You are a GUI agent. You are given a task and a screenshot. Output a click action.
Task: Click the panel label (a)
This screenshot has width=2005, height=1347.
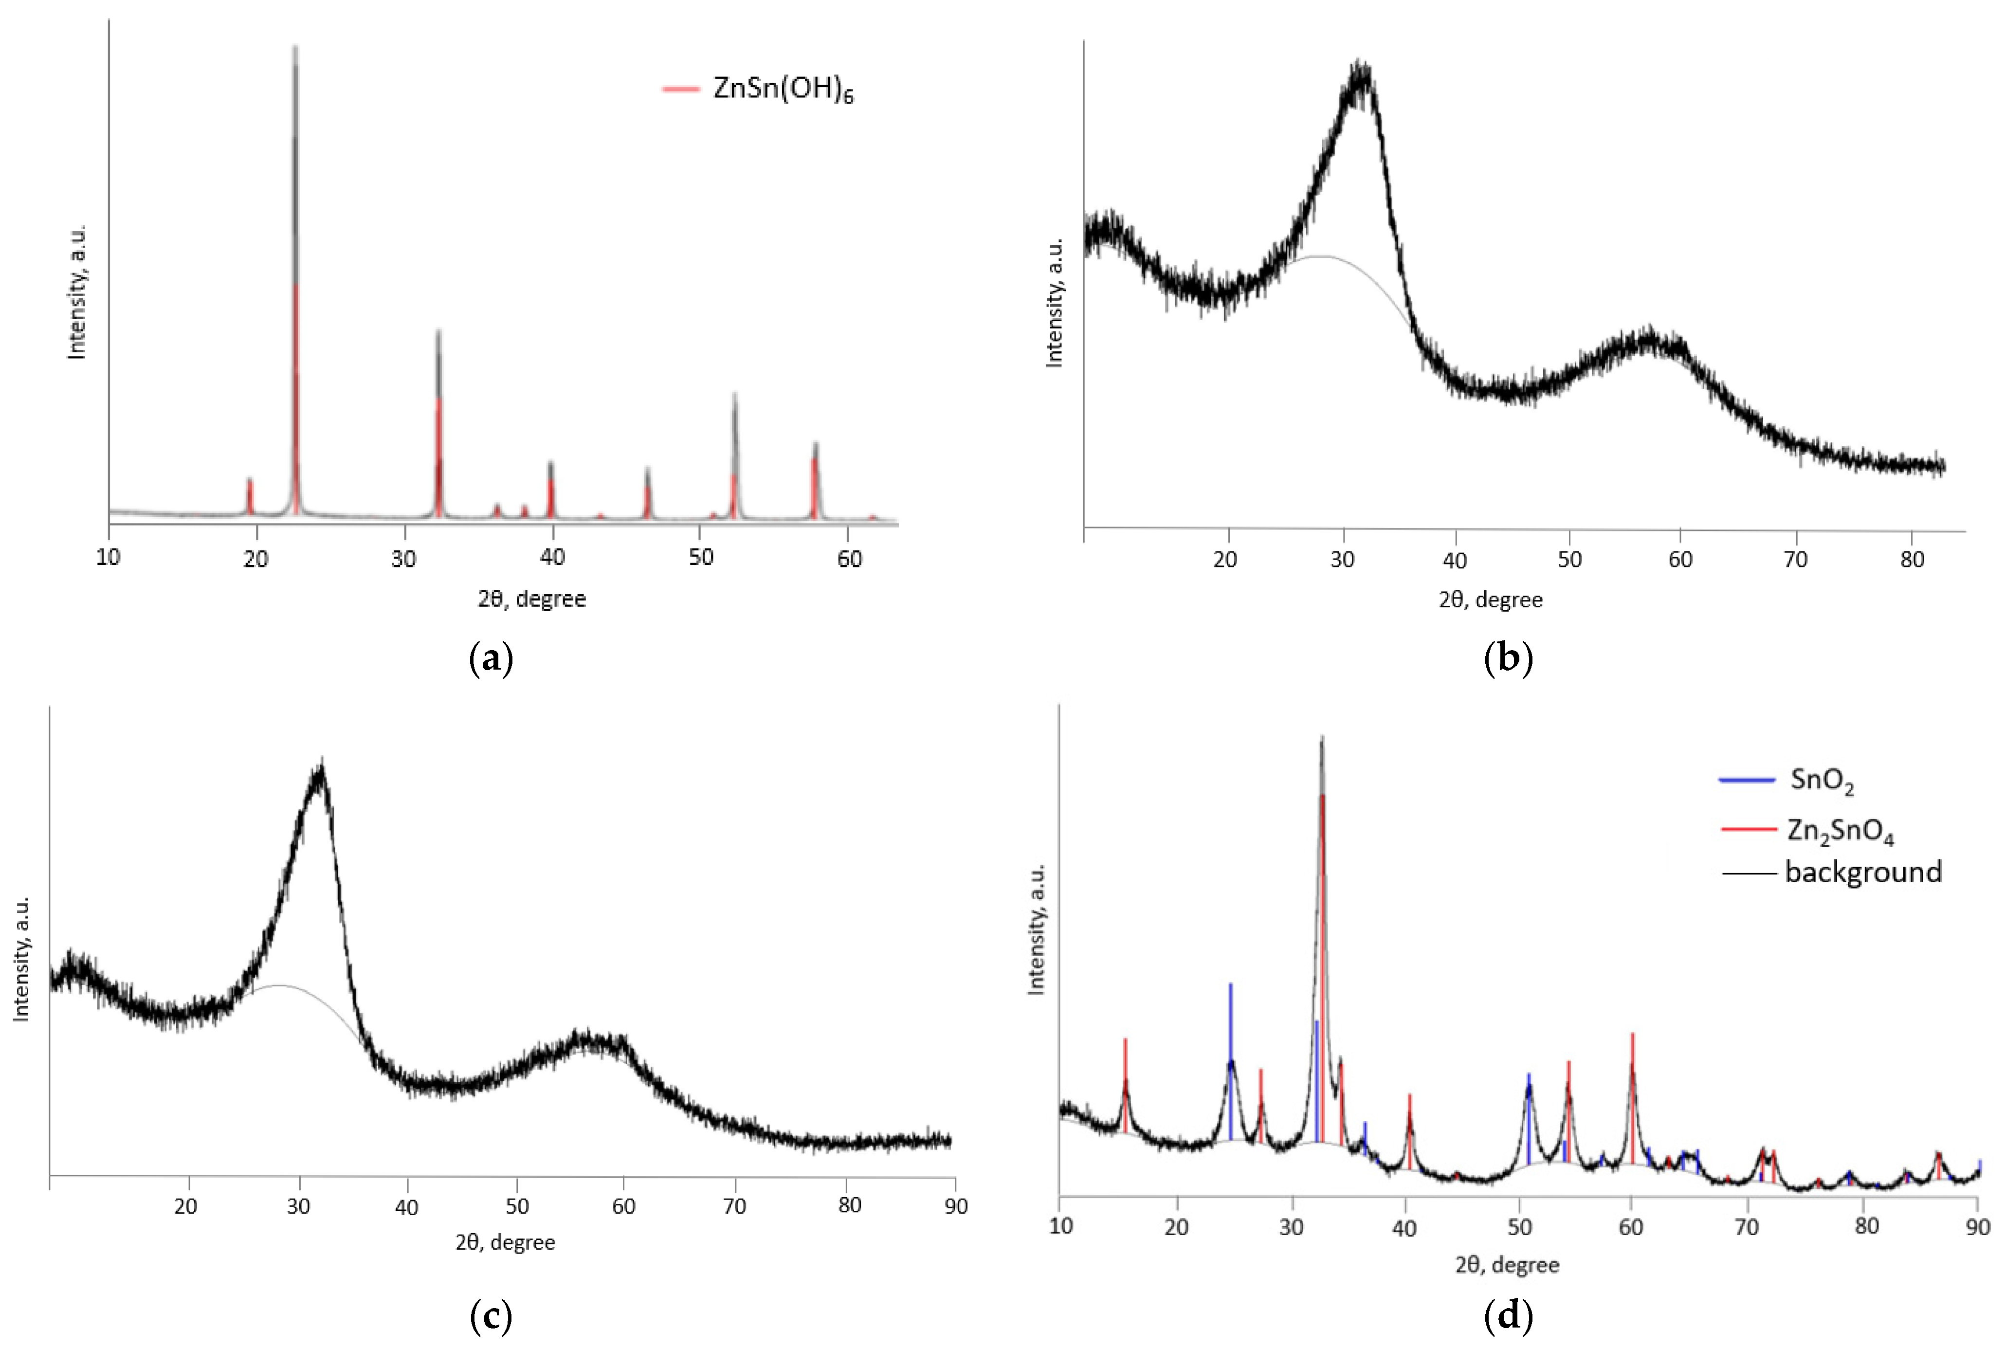(x=492, y=659)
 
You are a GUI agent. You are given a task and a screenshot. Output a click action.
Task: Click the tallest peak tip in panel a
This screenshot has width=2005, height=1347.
(x=295, y=47)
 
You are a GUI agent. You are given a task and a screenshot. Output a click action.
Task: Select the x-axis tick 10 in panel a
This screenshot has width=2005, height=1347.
(x=108, y=558)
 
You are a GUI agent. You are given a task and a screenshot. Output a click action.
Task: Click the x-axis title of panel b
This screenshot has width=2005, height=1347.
(x=1491, y=600)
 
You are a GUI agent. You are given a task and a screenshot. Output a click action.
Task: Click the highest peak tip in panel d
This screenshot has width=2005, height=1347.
(x=1321, y=737)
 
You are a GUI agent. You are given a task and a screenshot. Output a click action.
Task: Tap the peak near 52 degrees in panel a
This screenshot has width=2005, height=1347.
(x=734, y=395)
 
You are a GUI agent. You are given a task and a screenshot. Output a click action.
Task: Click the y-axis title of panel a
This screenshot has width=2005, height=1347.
(x=77, y=292)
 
